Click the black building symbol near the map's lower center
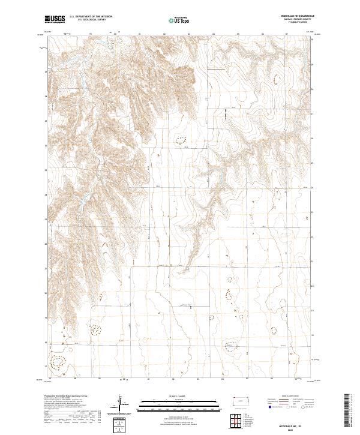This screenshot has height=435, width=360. click(191, 310)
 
